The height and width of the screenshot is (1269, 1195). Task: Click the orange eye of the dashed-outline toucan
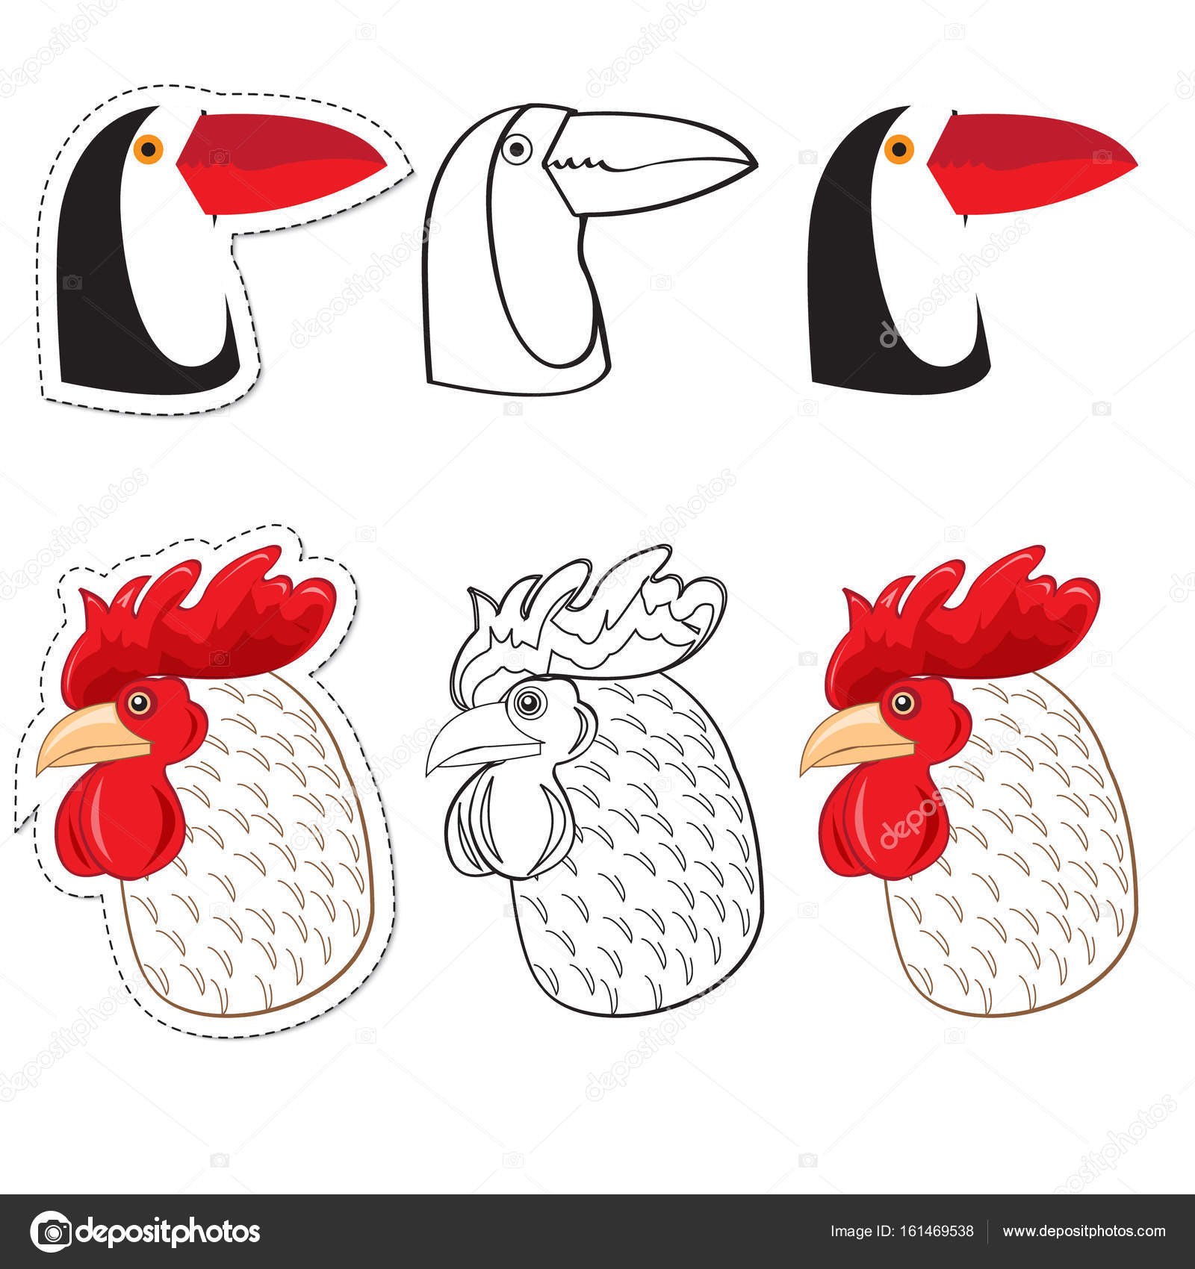coord(148,148)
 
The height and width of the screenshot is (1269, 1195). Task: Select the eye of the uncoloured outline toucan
coord(516,149)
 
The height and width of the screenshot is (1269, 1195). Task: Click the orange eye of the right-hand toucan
coord(898,148)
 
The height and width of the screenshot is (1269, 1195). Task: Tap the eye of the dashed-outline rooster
coord(139,702)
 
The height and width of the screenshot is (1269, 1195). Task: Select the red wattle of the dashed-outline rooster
coord(119,820)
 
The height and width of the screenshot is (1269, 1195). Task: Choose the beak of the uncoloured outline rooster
coord(481,740)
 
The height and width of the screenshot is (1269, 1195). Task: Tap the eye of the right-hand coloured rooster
coord(903,702)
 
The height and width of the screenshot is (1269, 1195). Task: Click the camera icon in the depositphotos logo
coord(51,1232)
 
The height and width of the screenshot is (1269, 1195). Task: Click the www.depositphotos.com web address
coord(1084,1232)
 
